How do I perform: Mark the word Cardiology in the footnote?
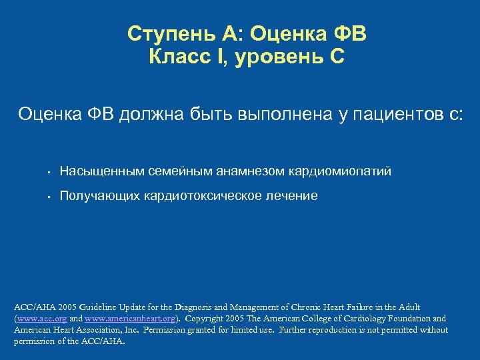point(367,319)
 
